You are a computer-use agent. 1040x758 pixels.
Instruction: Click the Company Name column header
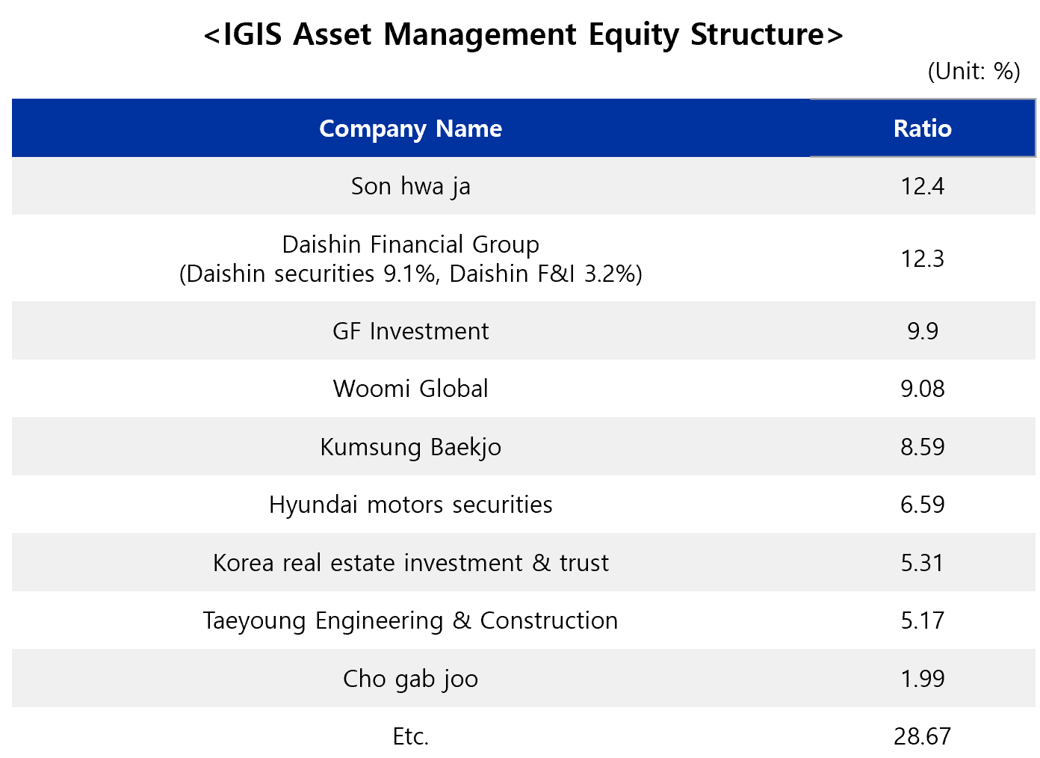pyautogui.click(x=410, y=129)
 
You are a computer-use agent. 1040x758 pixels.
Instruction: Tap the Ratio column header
pyautogui.click(x=923, y=129)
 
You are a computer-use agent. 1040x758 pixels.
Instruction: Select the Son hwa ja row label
pyautogui.click(x=410, y=187)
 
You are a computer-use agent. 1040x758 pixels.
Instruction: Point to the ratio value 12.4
pyautogui.click(x=923, y=186)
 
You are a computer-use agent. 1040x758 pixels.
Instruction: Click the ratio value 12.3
pyautogui.click(x=923, y=259)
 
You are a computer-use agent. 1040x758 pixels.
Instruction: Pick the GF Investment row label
pyautogui.click(x=410, y=331)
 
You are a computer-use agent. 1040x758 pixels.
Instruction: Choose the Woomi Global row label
pyautogui.click(x=410, y=389)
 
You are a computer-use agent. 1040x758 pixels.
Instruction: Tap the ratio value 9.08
pyautogui.click(x=923, y=389)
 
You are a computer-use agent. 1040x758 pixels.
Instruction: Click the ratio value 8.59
pyautogui.click(x=923, y=447)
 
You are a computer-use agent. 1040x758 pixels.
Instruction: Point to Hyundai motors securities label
pyautogui.click(x=410, y=505)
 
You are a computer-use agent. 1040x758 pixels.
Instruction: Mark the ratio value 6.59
pyautogui.click(x=923, y=505)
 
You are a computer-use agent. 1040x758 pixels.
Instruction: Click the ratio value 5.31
pyautogui.click(x=923, y=563)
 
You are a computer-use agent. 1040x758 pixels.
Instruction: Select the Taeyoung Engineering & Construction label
pyautogui.click(x=410, y=621)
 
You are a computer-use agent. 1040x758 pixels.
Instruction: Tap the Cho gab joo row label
pyautogui.click(x=410, y=680)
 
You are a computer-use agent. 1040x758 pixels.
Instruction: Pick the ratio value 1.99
pyautogui.click(x=923, y=679)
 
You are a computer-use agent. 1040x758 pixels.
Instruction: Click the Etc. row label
pyautogui.click(x=410, y=736)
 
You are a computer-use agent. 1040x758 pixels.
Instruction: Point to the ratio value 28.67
pyautogui.click(x=923, y=736)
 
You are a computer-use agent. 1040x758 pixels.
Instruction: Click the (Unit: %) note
pyautogui.click(x=974, y=72)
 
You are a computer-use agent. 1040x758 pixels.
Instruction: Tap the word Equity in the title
pyautogui.click(x=634, y=35)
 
